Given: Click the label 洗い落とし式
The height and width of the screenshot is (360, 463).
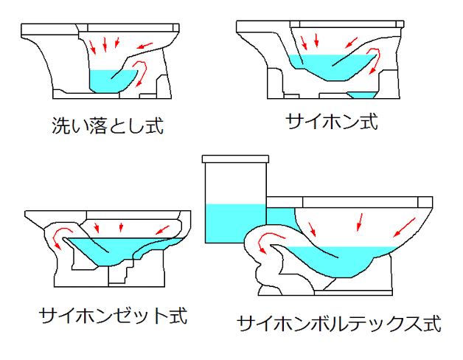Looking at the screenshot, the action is click(x=108, y=125).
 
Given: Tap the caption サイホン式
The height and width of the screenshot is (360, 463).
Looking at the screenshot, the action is click(x=332, y=122).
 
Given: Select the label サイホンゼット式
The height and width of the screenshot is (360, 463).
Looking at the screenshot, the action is click(x=113, y=316).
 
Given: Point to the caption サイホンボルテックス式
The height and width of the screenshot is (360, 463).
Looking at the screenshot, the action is click(x=339, y=323).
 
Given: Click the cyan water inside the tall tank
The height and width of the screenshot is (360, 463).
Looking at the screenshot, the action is click(x=235, y=224).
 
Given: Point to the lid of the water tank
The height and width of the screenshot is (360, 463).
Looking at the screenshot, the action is click(x=235, y=159).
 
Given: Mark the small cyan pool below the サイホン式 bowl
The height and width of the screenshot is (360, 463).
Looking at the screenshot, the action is click(x=362, y=95).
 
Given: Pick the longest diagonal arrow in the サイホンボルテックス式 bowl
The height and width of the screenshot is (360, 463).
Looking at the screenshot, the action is click(x=403, y=228).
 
